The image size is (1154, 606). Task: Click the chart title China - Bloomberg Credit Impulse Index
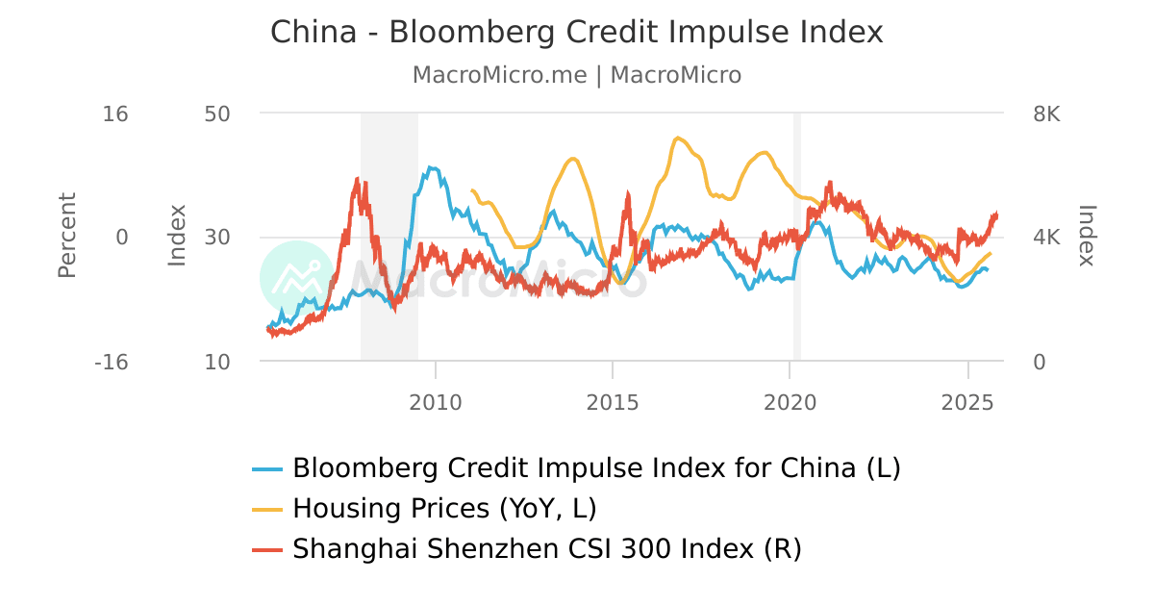tap(576, 33)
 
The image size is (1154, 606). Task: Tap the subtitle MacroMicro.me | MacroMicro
tap(576, 75)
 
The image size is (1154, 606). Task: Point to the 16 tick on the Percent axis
tap(115, 114)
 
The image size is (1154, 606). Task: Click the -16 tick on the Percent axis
tap(111, 362)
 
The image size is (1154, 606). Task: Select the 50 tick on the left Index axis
tap(217, 114)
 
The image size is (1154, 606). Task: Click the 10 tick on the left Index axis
tap(217, 362)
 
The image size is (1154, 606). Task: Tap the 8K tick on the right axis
tap(1046, 114)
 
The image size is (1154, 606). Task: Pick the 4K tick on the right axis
tap(1046, 238)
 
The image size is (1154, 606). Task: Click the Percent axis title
tap(66, 236)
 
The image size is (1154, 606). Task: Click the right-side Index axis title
tap(1088, 236)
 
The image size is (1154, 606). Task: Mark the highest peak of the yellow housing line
tap(678, 138)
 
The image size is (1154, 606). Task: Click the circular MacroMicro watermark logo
tap(297, 278)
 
